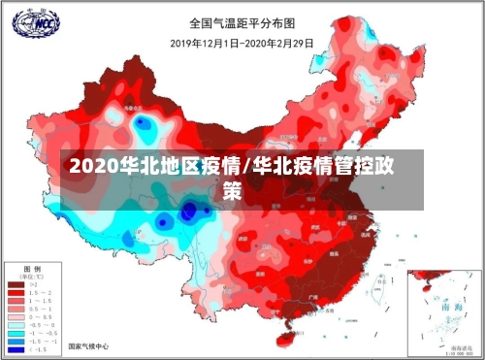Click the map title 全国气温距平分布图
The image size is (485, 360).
pos(242,22)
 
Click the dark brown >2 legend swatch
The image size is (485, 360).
pos(16,284)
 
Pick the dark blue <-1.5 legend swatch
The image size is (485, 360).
pos(16,349)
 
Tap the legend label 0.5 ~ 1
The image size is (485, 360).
pos(40,309)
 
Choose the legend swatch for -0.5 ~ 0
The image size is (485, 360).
pos(16,325)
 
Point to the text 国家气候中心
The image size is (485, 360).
pos(88,346)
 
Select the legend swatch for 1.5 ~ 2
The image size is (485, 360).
pos(16,293)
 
